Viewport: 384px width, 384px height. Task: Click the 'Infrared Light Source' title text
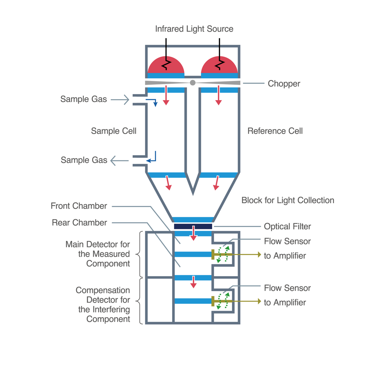point(194,29)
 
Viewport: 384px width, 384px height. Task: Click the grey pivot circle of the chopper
point(193,83)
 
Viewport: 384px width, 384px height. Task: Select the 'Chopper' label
point(284,84)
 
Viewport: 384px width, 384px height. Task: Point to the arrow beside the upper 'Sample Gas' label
point(121,100)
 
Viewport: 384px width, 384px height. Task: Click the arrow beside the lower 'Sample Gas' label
point(119,160)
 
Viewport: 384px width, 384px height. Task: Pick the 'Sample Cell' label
point(114,131)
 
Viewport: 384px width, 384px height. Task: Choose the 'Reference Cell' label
point(275,131)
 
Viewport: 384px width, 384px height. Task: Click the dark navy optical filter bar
point(193,226)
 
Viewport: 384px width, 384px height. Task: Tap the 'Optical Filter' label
point(287,227)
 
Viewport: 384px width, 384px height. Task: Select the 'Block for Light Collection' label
point(288,200)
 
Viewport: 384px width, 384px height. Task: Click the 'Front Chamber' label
point(79,206)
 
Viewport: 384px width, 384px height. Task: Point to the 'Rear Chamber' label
point(79,222)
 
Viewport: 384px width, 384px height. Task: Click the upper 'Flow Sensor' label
point(287,241)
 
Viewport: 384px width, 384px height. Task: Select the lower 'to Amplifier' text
point(285,302)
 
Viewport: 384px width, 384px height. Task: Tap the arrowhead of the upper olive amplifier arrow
point(260,254)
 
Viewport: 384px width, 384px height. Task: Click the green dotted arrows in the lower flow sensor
point(223,301)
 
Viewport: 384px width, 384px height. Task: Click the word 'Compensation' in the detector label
point(103,290)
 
